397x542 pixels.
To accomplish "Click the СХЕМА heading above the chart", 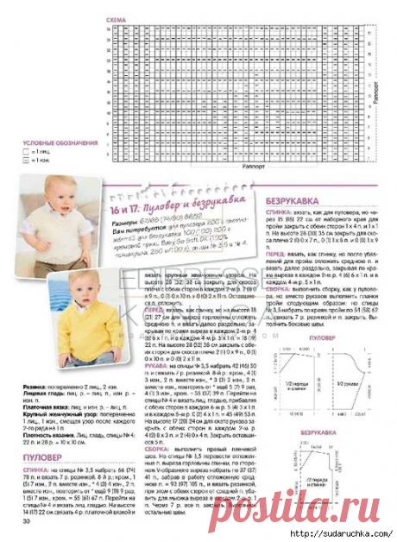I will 115,18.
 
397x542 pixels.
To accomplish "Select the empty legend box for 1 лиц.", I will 25,151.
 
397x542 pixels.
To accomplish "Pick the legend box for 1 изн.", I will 25,160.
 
